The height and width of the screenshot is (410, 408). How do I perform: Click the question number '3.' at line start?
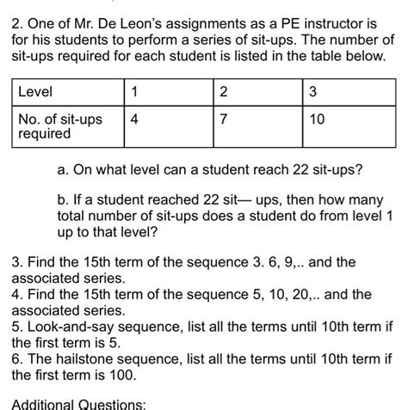click(x=17, y=262)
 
